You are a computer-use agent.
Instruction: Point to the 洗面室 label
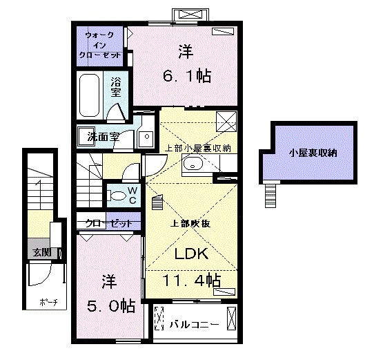(103, 136)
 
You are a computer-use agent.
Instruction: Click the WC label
(132, 193)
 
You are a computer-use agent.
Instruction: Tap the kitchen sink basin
(193, 164)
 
